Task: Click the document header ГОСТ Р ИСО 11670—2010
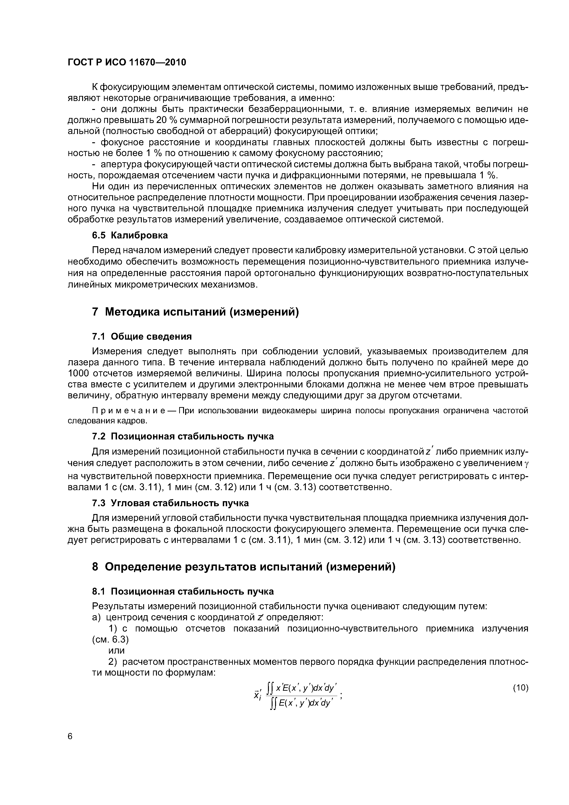click(127, 62)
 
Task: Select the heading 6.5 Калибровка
click(130, 235)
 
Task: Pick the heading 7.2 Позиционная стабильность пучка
click(183, 436)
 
